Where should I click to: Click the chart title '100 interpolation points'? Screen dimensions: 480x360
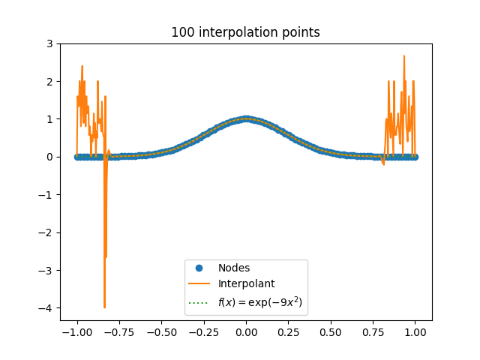(x=245, y=32)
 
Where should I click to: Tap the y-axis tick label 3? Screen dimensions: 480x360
(x=49, y=43)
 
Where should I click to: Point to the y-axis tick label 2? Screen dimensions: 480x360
(x=49, y=82)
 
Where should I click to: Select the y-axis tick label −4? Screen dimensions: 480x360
(x=46, y=308)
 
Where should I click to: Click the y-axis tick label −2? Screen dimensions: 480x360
(x=46, y=232)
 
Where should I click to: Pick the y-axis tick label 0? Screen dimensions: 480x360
(x=49, y=157)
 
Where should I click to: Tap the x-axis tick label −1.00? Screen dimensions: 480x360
(x=77, y=332)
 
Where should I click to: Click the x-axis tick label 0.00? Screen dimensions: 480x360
(x=246, y=332)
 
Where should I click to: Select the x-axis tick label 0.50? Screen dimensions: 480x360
(x=331, y=332)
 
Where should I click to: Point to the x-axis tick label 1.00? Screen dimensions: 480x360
(x=415, y=332)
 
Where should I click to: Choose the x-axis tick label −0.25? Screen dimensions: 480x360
(x=204, y=332)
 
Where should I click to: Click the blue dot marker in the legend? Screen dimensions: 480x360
(x=199, y=268)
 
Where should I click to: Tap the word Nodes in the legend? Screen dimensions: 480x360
(x=234, y=268)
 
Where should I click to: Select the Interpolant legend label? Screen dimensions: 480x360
(x=247, y=283)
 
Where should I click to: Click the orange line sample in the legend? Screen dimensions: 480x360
(x=199, y=283)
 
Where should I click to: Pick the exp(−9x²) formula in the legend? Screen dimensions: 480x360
(x=260, y=302)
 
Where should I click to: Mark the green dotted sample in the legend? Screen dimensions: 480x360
(x=199, y=303)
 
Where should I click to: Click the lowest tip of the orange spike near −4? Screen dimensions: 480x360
(x=105, y=307)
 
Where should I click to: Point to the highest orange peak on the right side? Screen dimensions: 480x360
(x=404, y=56)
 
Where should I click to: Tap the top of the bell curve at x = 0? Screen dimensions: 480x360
(x=246, y=118)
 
